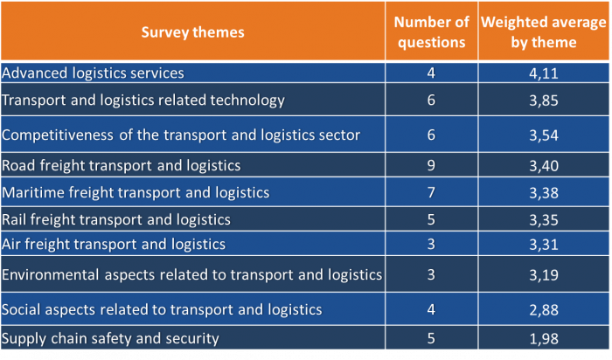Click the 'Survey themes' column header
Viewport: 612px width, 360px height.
(x=193, y=32)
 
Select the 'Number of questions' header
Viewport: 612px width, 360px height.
(x=431, y=32)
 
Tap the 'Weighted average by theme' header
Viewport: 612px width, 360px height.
(x=541, y=32)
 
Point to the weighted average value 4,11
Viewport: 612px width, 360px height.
(x=542, y=73)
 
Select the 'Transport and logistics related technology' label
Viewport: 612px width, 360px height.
(x=143, y=100)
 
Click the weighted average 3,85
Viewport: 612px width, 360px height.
(x=542, y=100)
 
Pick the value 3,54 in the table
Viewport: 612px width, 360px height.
(x=542, y=135)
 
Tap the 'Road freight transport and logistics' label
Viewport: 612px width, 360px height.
(x=122, y=164)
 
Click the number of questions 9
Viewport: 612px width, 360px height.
(x=431, y=164)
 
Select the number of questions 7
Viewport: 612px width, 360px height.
(x=431, y=192)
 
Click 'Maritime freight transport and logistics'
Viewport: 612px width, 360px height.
(x=136, y=192)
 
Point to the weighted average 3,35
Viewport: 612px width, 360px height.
(x=542, y=219)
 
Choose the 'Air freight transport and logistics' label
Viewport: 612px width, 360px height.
(x=115, y=245)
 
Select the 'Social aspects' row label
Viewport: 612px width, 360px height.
(x=163, y=309)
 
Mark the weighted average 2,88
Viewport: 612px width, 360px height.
(x=542, y=310)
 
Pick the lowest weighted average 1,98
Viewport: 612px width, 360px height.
(x=542, y=339)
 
